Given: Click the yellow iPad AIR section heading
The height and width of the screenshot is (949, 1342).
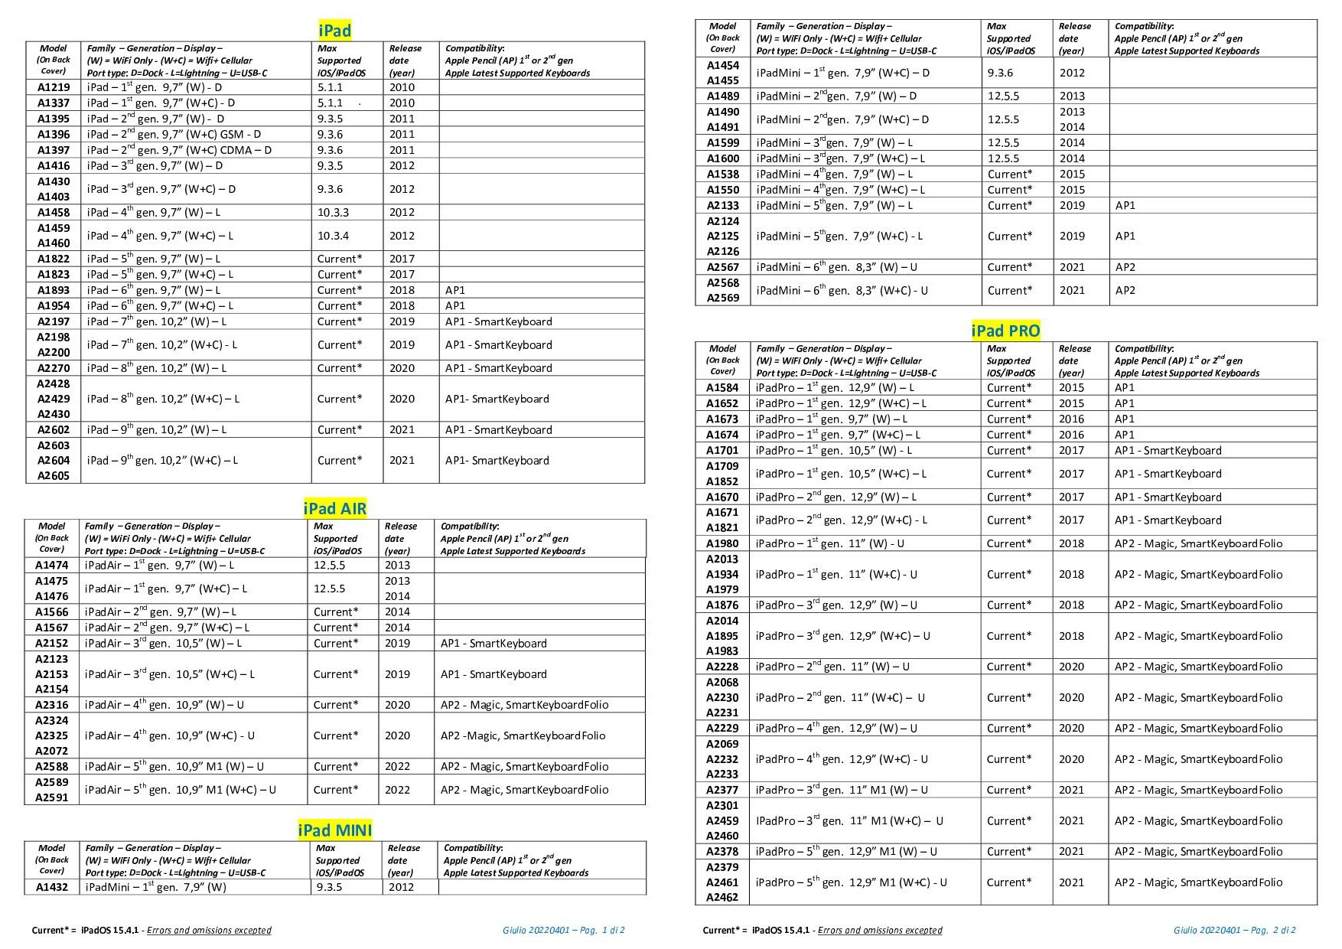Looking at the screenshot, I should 334,508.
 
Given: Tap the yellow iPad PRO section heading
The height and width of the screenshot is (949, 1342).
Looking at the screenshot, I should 1005,331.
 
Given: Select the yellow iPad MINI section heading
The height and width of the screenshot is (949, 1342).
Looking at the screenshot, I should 334,830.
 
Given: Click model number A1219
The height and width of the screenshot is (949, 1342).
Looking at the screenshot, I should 53,87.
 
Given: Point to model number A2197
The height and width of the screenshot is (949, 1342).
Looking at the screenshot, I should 53,321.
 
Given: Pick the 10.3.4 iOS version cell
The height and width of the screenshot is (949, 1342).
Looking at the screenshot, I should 333,236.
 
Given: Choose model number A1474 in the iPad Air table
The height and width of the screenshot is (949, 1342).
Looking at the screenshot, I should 51,565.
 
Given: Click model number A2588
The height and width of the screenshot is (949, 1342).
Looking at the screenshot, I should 51,766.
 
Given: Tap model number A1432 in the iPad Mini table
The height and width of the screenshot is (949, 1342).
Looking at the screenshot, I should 51,887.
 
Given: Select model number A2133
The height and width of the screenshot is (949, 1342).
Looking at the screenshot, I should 722,205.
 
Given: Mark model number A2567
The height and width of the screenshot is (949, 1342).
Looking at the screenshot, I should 722,267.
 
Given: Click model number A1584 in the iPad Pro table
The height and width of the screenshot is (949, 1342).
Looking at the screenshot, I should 722,387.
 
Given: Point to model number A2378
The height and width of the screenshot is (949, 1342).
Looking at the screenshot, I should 722,851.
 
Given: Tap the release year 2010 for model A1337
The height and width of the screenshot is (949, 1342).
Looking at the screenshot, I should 402,103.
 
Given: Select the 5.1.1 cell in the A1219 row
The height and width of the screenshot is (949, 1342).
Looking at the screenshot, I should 331,87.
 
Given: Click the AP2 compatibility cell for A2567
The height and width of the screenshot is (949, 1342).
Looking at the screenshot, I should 1125,267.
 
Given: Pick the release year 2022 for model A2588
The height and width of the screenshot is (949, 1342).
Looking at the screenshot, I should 397,766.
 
